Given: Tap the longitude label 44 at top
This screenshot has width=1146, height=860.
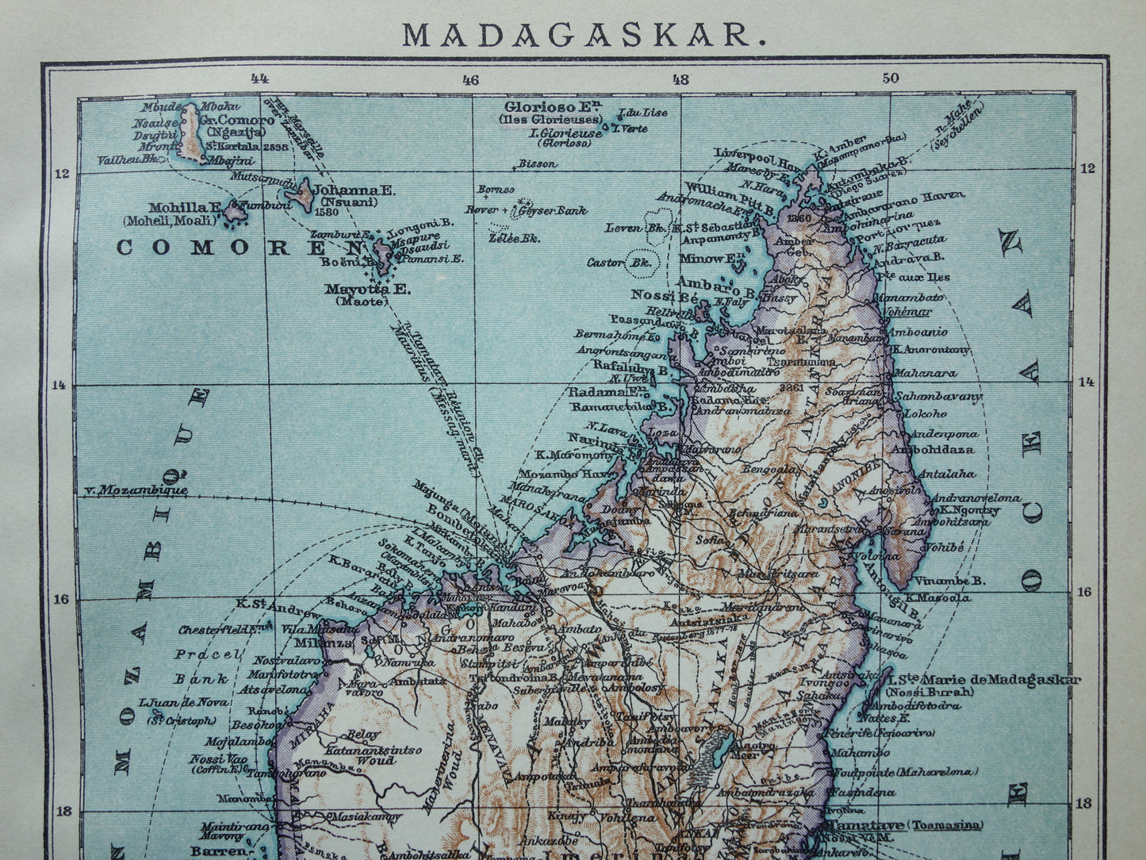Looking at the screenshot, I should click(259, 78).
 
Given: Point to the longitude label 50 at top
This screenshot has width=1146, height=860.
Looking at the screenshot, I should click(891, 78).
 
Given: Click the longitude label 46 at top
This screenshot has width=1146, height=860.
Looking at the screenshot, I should click(470, 79).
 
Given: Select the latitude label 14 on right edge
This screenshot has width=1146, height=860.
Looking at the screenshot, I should click(1086, 382).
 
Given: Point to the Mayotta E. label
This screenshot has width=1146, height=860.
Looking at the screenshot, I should click(367, 290).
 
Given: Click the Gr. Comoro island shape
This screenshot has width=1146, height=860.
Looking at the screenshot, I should click(190, 132).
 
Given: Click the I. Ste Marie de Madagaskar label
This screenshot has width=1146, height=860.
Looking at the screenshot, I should click(983, 679).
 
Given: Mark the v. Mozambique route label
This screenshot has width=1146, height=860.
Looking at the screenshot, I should click(136, 489).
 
